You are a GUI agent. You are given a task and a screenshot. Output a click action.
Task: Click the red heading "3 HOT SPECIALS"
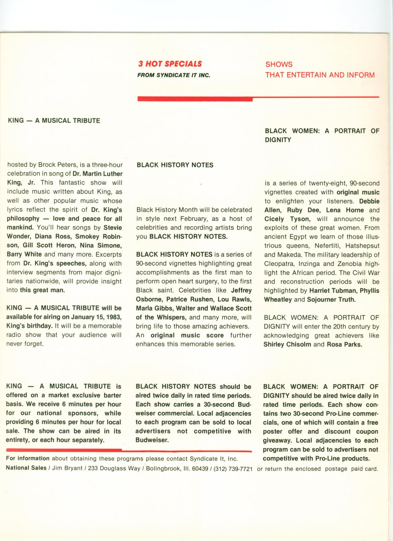point(170,64)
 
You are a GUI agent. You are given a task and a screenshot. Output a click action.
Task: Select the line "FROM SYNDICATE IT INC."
point(173,75)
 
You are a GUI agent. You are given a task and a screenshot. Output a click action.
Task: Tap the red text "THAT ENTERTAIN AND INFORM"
point(320,75)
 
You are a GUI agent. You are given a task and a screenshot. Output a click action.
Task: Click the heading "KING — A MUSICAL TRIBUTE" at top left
point(54,120)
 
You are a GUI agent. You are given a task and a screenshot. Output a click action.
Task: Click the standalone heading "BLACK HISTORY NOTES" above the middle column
point(175,165)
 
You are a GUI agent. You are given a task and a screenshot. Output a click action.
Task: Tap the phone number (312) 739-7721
point(233,469)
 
